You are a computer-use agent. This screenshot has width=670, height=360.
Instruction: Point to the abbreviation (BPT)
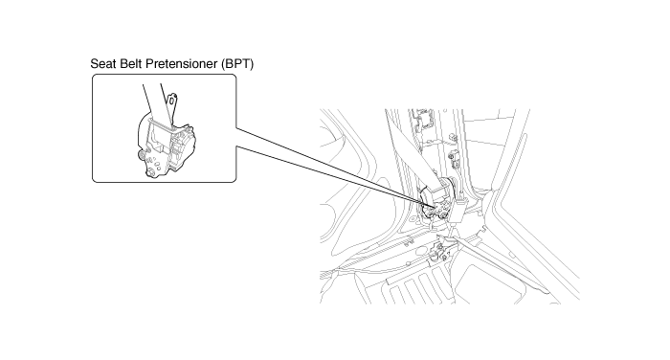tap(237, 64)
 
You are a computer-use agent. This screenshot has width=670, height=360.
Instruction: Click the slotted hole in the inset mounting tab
tap(172, 101)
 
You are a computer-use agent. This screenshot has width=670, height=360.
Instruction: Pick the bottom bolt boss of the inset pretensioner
tap(151, 173)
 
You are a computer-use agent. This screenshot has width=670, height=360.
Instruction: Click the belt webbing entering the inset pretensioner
tap(155, 102)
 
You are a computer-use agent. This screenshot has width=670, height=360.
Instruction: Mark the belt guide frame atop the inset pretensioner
tap(159, 124)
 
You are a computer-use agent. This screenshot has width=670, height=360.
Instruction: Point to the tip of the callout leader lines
tap(436, 208)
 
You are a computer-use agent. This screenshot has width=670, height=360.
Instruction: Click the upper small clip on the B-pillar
tap(454, 137)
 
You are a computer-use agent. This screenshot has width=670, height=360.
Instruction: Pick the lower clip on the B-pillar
tap(453, 160)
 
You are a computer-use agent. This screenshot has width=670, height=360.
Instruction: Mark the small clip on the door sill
tap(409, 241)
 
